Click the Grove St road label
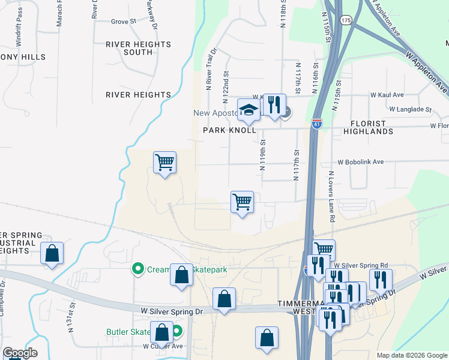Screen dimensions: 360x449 (124, 22)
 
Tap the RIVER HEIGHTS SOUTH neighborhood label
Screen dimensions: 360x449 (138, 49)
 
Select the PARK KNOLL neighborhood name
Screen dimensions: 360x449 (229, 130)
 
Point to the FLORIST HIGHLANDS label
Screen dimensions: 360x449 (369, 127)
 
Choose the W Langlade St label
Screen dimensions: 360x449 (410, 109)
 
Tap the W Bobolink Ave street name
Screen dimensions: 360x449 (360, 162)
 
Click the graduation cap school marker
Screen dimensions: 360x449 (247, 109)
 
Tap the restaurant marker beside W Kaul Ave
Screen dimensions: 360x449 (274, 104)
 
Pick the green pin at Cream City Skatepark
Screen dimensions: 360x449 (138, 269)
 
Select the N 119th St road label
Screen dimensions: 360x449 (263, 155)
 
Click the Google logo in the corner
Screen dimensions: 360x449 (20, 353)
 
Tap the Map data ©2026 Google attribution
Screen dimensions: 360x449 (411, 355)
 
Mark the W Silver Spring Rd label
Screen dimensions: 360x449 (361, 265)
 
